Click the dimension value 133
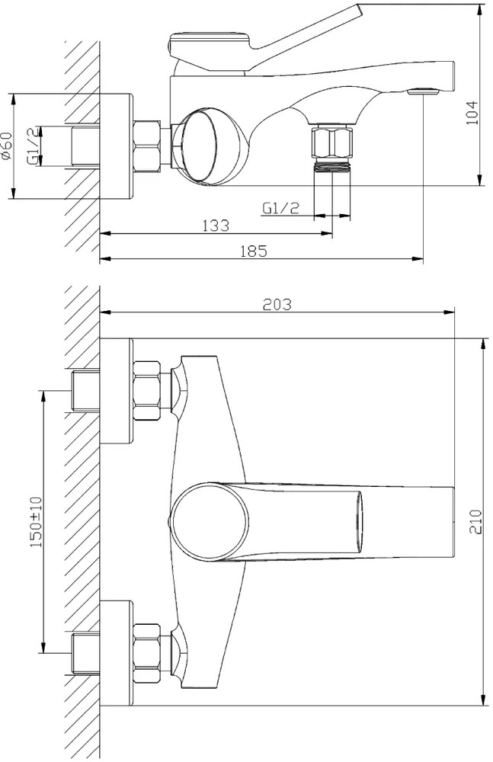coord(216,225)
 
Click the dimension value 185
coord(255,251)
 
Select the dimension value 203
coord(277,304)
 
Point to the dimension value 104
coord(472,113)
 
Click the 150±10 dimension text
coord(37,521)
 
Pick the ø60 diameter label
coord(6,146)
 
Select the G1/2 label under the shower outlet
coord(280,208)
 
